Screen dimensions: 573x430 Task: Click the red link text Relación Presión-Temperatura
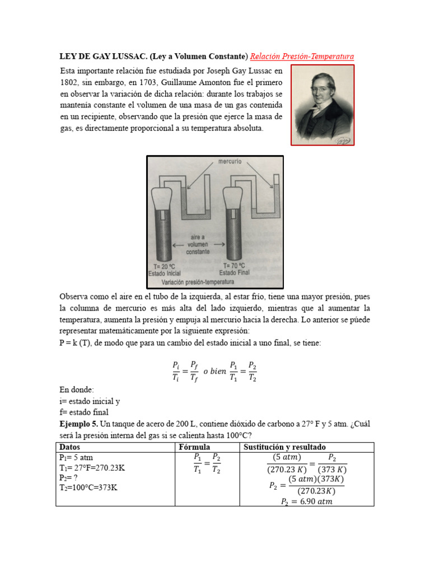click(302, 57)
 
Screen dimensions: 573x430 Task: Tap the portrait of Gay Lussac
click(322, 105)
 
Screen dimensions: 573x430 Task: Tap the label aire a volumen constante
click(199, 245)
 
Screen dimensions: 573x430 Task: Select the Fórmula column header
click(194, 447)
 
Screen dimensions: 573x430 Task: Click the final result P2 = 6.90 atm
click(306, 502)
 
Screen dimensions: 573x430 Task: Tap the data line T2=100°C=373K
click(88, 487)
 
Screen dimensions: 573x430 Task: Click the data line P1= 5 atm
click(76, 457)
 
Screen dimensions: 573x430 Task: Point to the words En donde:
click(77, 389)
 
